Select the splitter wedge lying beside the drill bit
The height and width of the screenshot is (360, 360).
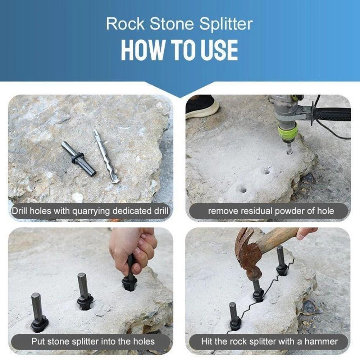click(x=78, y=159)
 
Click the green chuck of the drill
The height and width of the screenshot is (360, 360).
click(x=287, y=132)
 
